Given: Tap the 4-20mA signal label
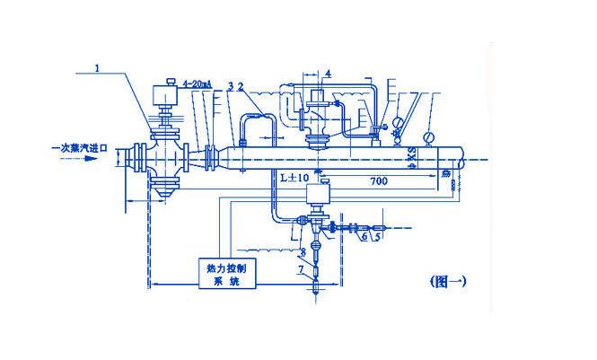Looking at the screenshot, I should (x=197, y=85).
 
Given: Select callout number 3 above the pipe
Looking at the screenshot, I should (x=231, y=86).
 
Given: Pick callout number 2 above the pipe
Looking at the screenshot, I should (x=240, y=86).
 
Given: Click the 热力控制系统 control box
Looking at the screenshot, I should (x=228, y=272).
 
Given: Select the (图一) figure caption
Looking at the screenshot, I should (x=447, y=281).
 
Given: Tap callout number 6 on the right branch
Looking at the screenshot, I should (x=362, y=239).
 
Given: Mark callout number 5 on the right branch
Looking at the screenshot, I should (x=378, y=239).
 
